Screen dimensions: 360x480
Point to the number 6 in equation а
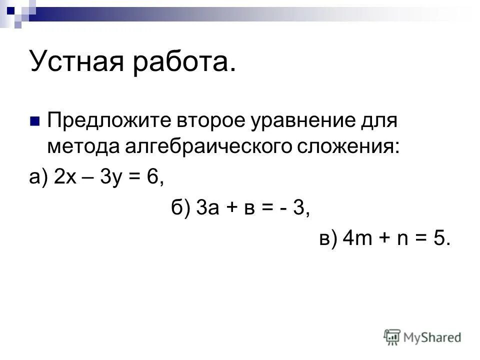152,178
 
